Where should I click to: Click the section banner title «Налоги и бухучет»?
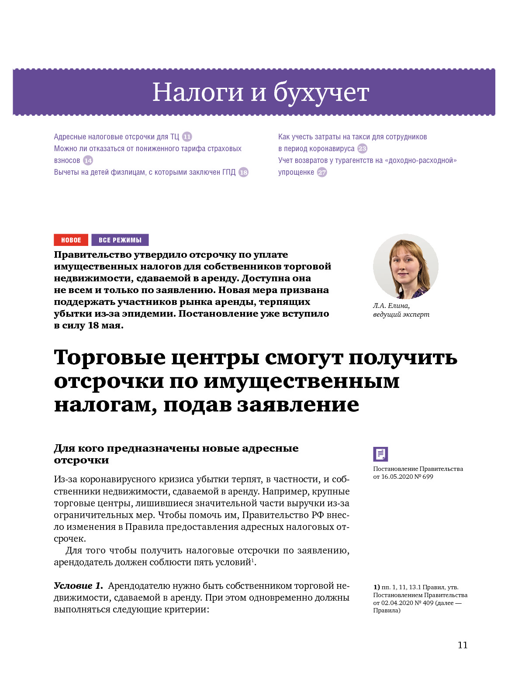(x=260, y=93)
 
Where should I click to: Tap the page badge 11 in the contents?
(x=187, y=137)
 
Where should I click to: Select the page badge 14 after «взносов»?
(x=88, y=160)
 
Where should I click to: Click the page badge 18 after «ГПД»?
(x=243, y=172)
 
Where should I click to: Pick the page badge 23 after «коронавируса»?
(x=363, y=149)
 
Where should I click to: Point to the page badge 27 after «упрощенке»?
(x=322, y=172)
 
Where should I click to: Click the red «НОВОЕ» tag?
(x=71, y=240)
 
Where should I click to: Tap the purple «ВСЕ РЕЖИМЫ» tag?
(x=120, y=240)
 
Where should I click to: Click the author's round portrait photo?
(x=405, y=266)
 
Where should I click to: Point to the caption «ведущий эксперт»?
(x=401, y=315)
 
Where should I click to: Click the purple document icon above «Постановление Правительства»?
(x=380, y=454)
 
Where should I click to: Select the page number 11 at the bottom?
(x=463, y=645)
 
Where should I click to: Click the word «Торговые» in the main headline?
(x=110, y=357)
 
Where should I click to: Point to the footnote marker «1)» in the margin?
(x=376, y=587)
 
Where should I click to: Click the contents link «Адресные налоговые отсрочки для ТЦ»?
(x=116, y=137)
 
